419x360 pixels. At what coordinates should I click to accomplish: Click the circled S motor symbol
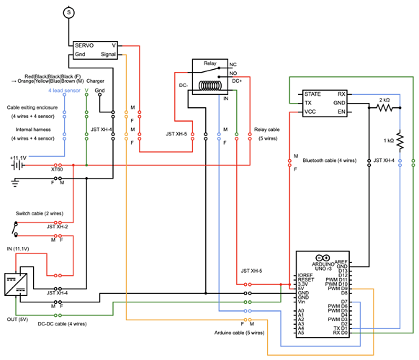[x=69, y=12]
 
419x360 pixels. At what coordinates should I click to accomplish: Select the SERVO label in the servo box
[x=85, y=45]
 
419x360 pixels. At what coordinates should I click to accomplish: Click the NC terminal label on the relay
[x=233, y=64]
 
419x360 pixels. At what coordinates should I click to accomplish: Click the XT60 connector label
[x=55, y=169]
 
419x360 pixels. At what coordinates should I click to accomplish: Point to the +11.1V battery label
[x=18, y=156]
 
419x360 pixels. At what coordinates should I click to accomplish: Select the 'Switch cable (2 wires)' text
[x=39, y=213]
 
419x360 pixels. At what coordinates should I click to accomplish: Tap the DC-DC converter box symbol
[x=14, y=282]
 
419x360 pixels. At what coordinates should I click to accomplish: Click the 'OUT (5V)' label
[x=18, y=319]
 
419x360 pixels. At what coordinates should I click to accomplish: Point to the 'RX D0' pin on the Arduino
[x=340, y=333]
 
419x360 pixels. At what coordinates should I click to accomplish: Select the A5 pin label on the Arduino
[x=301, y=333]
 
